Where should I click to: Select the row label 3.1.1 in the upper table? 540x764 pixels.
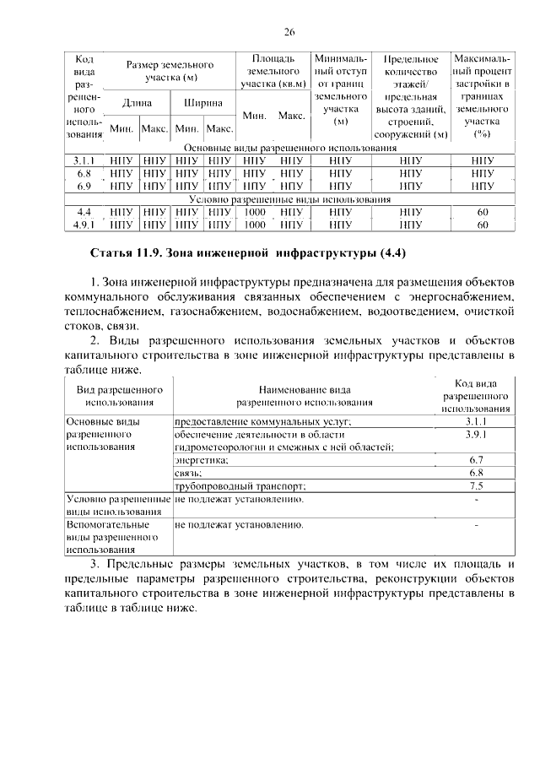[84, 159]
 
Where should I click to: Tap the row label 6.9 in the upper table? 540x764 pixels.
[84, 185]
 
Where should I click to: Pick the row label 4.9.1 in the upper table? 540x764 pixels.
[84, 225]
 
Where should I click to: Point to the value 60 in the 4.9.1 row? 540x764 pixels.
[483, 225]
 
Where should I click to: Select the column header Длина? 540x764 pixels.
[137, 103]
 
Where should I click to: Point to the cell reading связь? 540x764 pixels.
[188, 474]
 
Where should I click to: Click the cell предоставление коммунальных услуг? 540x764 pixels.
[262, 421]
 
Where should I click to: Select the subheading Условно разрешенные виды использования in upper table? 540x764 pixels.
[289, 199]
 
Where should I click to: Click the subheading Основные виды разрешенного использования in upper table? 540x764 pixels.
[289, 147]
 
